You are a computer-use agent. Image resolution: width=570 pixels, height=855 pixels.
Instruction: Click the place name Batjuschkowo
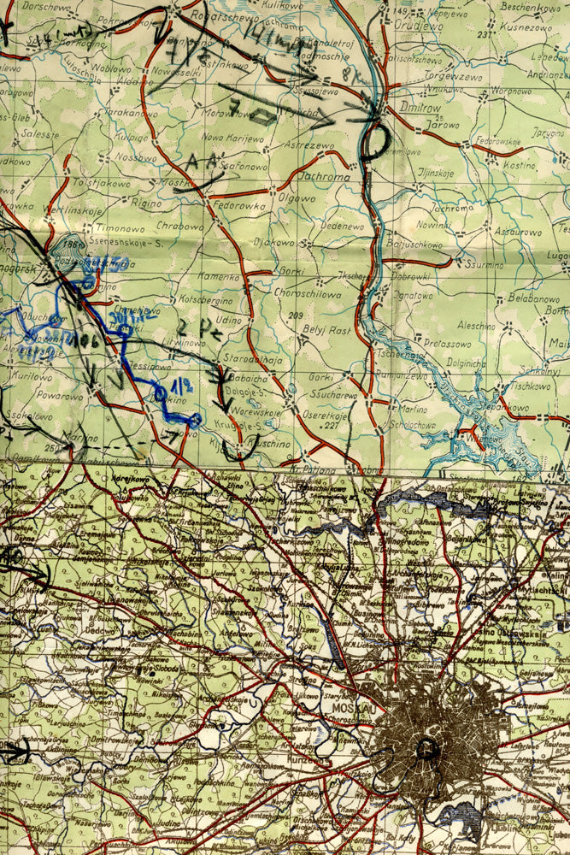click(x=415, y=245)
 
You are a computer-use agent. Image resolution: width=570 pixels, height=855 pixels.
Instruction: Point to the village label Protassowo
click(x=447, y=342)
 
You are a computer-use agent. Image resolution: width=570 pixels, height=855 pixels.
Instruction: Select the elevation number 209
click(x=296, y=316)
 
